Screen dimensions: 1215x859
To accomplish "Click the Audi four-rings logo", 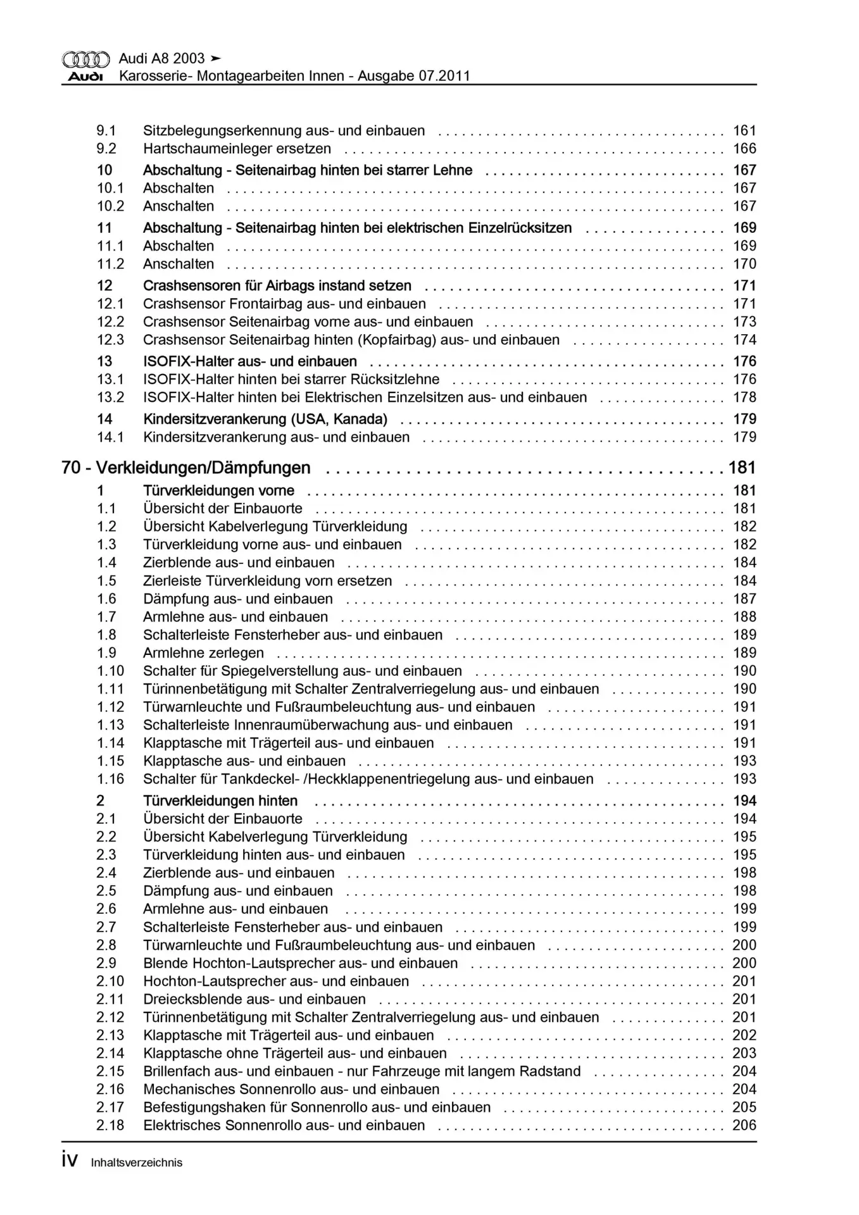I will point(85,60).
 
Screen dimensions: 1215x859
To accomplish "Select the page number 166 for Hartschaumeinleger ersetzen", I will point(744,149).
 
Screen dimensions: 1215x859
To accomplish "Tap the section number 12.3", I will point(110,340).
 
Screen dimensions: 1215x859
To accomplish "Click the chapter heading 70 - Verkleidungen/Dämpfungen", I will point(186,468).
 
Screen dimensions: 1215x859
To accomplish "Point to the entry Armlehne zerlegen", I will point(203,653).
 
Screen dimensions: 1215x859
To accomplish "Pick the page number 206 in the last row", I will point(744,1126).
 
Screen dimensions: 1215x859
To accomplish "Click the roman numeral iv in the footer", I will point(70,1160).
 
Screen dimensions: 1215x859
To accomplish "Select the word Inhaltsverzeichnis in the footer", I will point(137,1162).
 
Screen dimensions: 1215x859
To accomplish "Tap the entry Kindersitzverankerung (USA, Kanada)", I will point(265,419).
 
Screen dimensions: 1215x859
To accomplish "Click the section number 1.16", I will point(110,779).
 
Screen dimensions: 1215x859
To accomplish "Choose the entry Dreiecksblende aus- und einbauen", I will point(254,999).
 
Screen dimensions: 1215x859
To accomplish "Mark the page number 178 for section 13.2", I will point(744,397).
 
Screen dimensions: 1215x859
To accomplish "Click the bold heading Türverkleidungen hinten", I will point(220,801).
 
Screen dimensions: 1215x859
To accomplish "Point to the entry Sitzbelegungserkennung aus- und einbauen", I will point(284,131).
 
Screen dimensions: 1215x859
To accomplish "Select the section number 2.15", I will point(110,1071).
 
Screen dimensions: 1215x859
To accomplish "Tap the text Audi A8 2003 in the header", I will point(161,59).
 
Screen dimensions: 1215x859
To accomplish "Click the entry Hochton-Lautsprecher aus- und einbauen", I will point(276,981).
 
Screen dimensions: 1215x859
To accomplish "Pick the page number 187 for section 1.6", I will point(744,599).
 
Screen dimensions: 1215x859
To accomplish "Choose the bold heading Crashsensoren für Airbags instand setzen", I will point(277,286).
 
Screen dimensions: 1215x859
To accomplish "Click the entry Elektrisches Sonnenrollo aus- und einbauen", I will point(284,1126).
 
